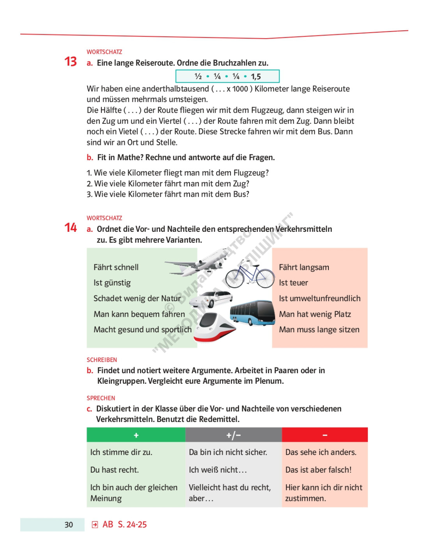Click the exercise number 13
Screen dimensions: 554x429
pyautogui.click(x=71, y=62)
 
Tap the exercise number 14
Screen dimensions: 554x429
pyautogui.click(x=71, y=228)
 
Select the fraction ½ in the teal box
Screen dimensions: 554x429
pyautogui.click(x=198, y=76)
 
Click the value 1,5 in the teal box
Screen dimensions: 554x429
pyautogui.click(x=256, y=76)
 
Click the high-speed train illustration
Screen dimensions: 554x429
pyautogui.click(x=214, y=328)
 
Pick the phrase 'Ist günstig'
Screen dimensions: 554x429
pyautogui.click(x=112, y=283)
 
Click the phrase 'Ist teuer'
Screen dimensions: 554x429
pyautogui.click(x=293, y=283)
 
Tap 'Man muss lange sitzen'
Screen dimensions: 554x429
pyautogui.click(x=319, y=330)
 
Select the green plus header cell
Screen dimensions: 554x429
pyautogui.click(x=136, y=435)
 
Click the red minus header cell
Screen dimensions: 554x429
pyautogui.click(x=324, y=435)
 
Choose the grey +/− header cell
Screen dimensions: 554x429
pyautogui.click(x=233, y=435)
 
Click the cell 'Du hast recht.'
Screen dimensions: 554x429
pyautogui.click(x=114, y=470)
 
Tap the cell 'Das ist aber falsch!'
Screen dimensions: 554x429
pyautogui.click(x=318, y=470)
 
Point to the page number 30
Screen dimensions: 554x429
pyautogui.click(x=69, y=525)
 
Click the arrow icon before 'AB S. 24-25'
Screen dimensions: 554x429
pyautogui.click(x=95, y=525)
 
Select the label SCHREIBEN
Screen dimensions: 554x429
pyautogui.click(x=102, y=360)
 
